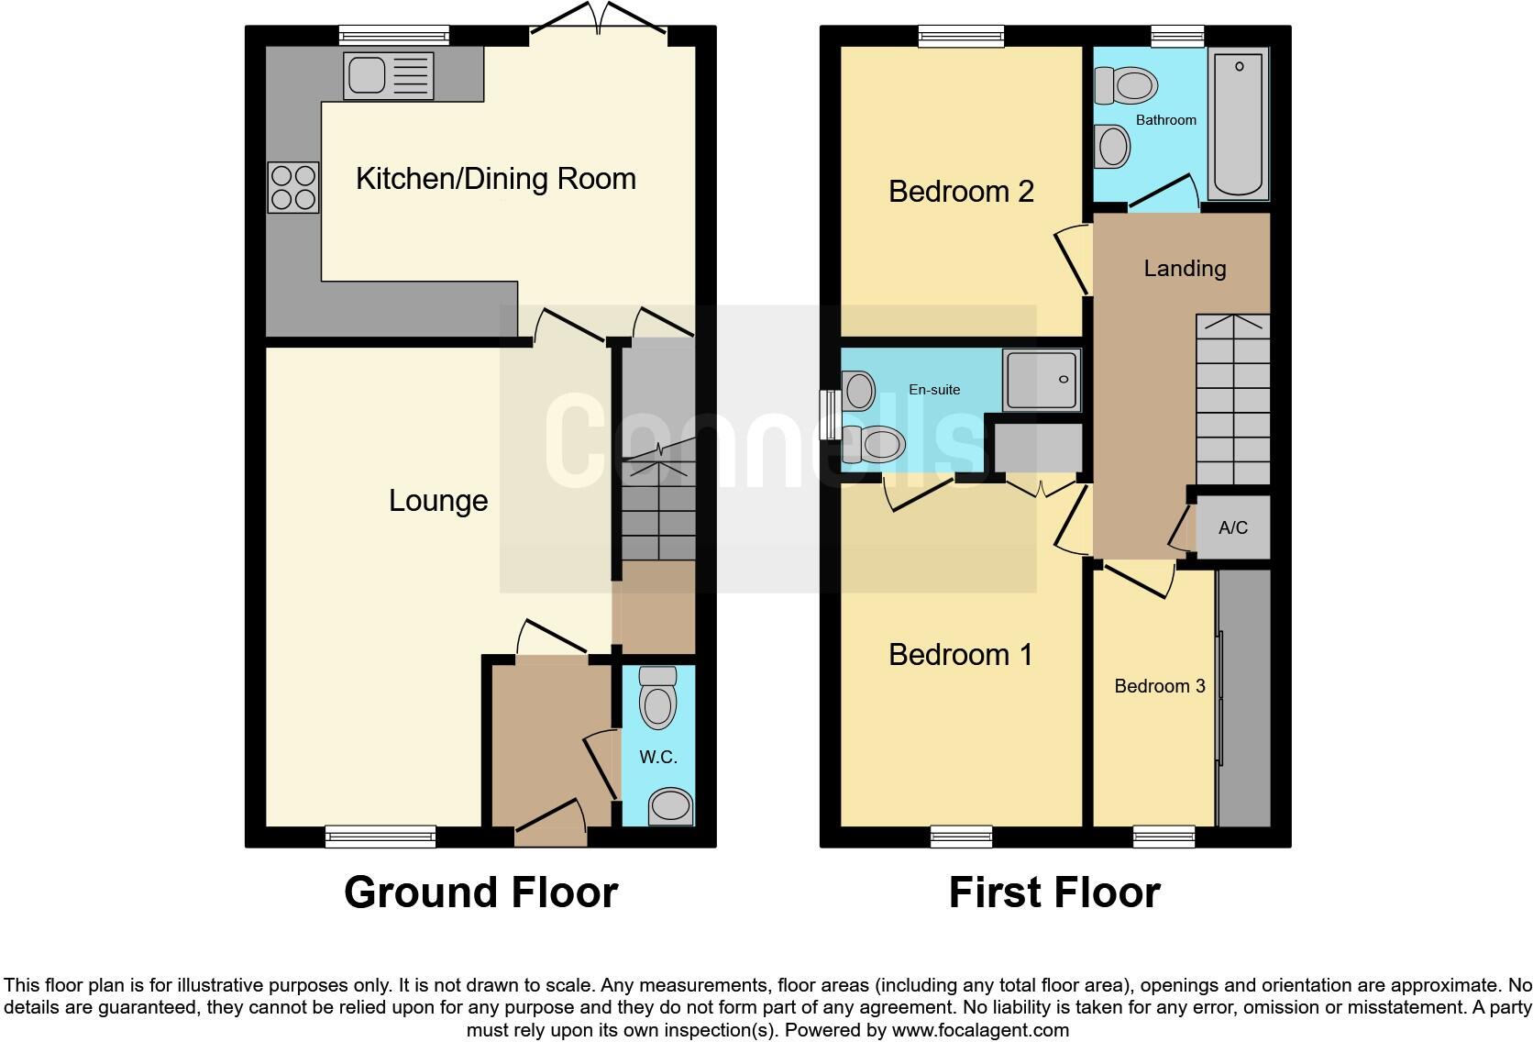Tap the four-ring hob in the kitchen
[x=293, y=187]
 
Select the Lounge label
[x=438, y=501]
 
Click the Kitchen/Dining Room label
[x=495, y=178]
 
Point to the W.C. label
[x=657, y=757]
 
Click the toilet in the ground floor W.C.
[x=657, y=699]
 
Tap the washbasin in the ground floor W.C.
[x=670, y=806]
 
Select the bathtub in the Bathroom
[x=1238, y=124]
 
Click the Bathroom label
[x=1165, y=120]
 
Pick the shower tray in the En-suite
[x=1041, y=379]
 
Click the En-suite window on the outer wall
[x=829, y=415]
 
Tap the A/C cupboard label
[x=1232, y=527]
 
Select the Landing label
[x=1185, y=268]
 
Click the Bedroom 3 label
[x=1159, y=686]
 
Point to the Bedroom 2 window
[x=962, y=37]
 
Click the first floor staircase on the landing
[x=1232, y=399]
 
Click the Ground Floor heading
[x=480, y=892]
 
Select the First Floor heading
[x=1054, y=892]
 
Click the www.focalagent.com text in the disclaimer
[x=980, y=1030]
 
